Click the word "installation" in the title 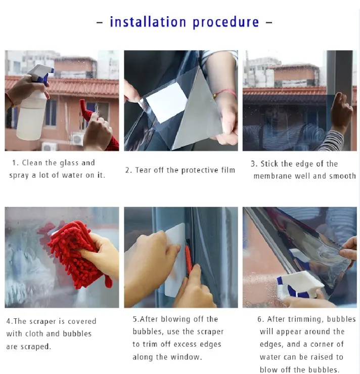coord(148,22)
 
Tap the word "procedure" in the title coord(226,22)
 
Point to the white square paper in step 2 coord(166,102)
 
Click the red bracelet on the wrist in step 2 coord(224,93)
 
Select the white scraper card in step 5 coord(175,260)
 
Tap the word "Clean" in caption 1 coord(32,163)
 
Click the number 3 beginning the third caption coord(253,164)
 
